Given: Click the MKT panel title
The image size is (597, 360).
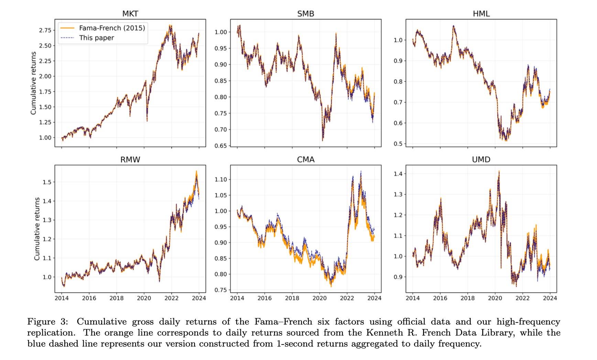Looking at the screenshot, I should point(130,14).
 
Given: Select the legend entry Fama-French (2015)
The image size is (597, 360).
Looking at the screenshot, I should point(112,28).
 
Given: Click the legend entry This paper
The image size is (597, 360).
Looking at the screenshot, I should point(96,38).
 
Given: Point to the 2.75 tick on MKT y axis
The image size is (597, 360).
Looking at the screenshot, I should point(45,30).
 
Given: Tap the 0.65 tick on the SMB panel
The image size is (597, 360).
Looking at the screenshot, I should point(221,146).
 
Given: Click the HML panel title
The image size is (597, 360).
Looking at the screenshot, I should point(481,14).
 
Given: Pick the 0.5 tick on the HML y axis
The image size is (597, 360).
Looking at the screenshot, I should point(398,144).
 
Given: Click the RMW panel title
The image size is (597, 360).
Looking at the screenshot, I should point(130,160).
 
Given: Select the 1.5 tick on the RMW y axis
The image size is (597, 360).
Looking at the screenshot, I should point(47,182).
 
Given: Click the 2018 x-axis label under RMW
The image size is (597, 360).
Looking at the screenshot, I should point(116,298).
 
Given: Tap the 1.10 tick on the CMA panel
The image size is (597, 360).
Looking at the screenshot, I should point(221,179).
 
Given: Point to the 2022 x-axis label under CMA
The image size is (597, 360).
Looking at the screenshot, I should point(347,298).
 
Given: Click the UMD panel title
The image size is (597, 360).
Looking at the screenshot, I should point(481,160).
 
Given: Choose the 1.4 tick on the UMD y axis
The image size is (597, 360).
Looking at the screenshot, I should point(398,174).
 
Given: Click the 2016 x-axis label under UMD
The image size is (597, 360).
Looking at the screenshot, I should point(440,298).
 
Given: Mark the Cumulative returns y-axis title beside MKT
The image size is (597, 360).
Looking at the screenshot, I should point(33,83).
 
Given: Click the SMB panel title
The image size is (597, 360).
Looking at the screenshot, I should point(305,14).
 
